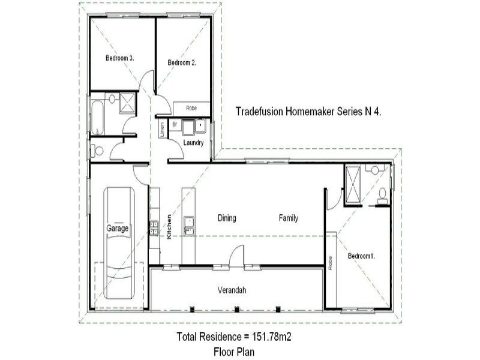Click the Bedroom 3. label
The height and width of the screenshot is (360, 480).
(x=119, y=58)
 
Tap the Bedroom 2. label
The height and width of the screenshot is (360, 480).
(x=182, y=62)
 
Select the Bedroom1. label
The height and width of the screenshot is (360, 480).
(x=361, y=256)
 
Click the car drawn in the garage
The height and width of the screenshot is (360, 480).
(x=118, y=243)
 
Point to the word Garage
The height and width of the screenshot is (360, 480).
(x=118, y=229)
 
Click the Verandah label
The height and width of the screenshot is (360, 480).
(x=232, y=290)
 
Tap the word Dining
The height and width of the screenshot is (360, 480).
(x=227, y=218)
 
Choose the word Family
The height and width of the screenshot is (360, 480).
(x=289, y=218)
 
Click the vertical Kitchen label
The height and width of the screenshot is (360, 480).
(x=170, y=227)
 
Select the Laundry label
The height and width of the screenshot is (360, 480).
(x=194, y=143)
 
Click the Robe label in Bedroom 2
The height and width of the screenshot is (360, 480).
(x=191, y=109)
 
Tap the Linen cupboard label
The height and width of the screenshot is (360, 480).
(x=162, y=129)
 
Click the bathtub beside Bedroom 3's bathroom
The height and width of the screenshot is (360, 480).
(x=97, y=118)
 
